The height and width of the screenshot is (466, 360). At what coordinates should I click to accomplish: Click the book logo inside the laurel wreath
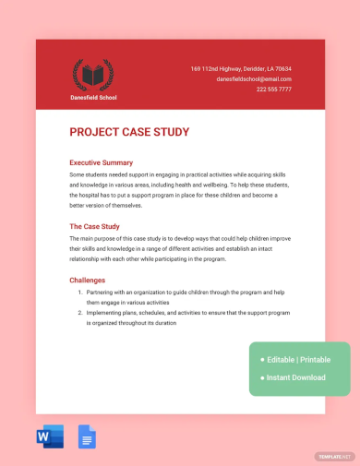(92, 74)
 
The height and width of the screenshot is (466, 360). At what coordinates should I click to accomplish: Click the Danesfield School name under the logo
(92, 97)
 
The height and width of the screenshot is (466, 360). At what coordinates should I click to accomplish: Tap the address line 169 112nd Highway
(240, 69)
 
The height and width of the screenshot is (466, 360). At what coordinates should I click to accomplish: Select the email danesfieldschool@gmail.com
(254, 79)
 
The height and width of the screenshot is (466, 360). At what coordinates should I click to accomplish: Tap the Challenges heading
(88, 280)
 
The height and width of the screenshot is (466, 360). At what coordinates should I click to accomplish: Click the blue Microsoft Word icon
(51, 436)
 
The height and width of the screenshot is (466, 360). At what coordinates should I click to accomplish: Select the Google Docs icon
(87, 436)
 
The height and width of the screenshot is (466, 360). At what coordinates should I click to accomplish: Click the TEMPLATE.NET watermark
(334, 456)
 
